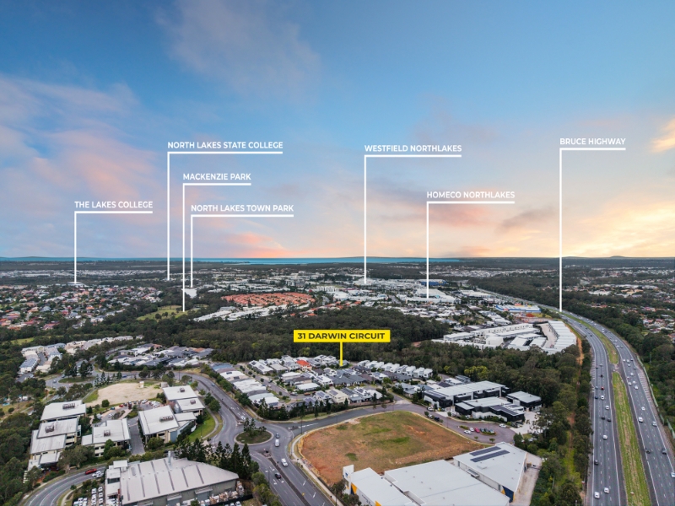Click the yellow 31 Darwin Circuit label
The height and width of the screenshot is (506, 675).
[342, 336]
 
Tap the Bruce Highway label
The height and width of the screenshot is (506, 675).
[592, 142]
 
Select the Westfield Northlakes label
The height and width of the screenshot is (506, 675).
[413, 148]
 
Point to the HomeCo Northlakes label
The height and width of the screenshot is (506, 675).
[471, 195]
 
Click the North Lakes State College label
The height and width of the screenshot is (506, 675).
[225, 145]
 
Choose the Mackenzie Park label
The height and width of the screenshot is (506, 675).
[217, 177]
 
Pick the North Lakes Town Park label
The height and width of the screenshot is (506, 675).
[242, 208]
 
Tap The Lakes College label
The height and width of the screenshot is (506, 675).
[114, 205]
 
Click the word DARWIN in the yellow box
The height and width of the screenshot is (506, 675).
[332, 336]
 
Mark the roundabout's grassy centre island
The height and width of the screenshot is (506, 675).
[254, 436]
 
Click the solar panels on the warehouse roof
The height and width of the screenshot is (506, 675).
[489, 454]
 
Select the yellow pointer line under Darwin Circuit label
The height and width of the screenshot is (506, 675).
[341, 354]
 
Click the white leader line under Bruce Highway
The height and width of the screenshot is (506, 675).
[560, 230]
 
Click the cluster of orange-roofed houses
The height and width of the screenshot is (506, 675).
[269, 299]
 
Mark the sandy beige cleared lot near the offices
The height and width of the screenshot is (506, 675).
[125, 392]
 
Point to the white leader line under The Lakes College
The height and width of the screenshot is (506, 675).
[75, 248]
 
